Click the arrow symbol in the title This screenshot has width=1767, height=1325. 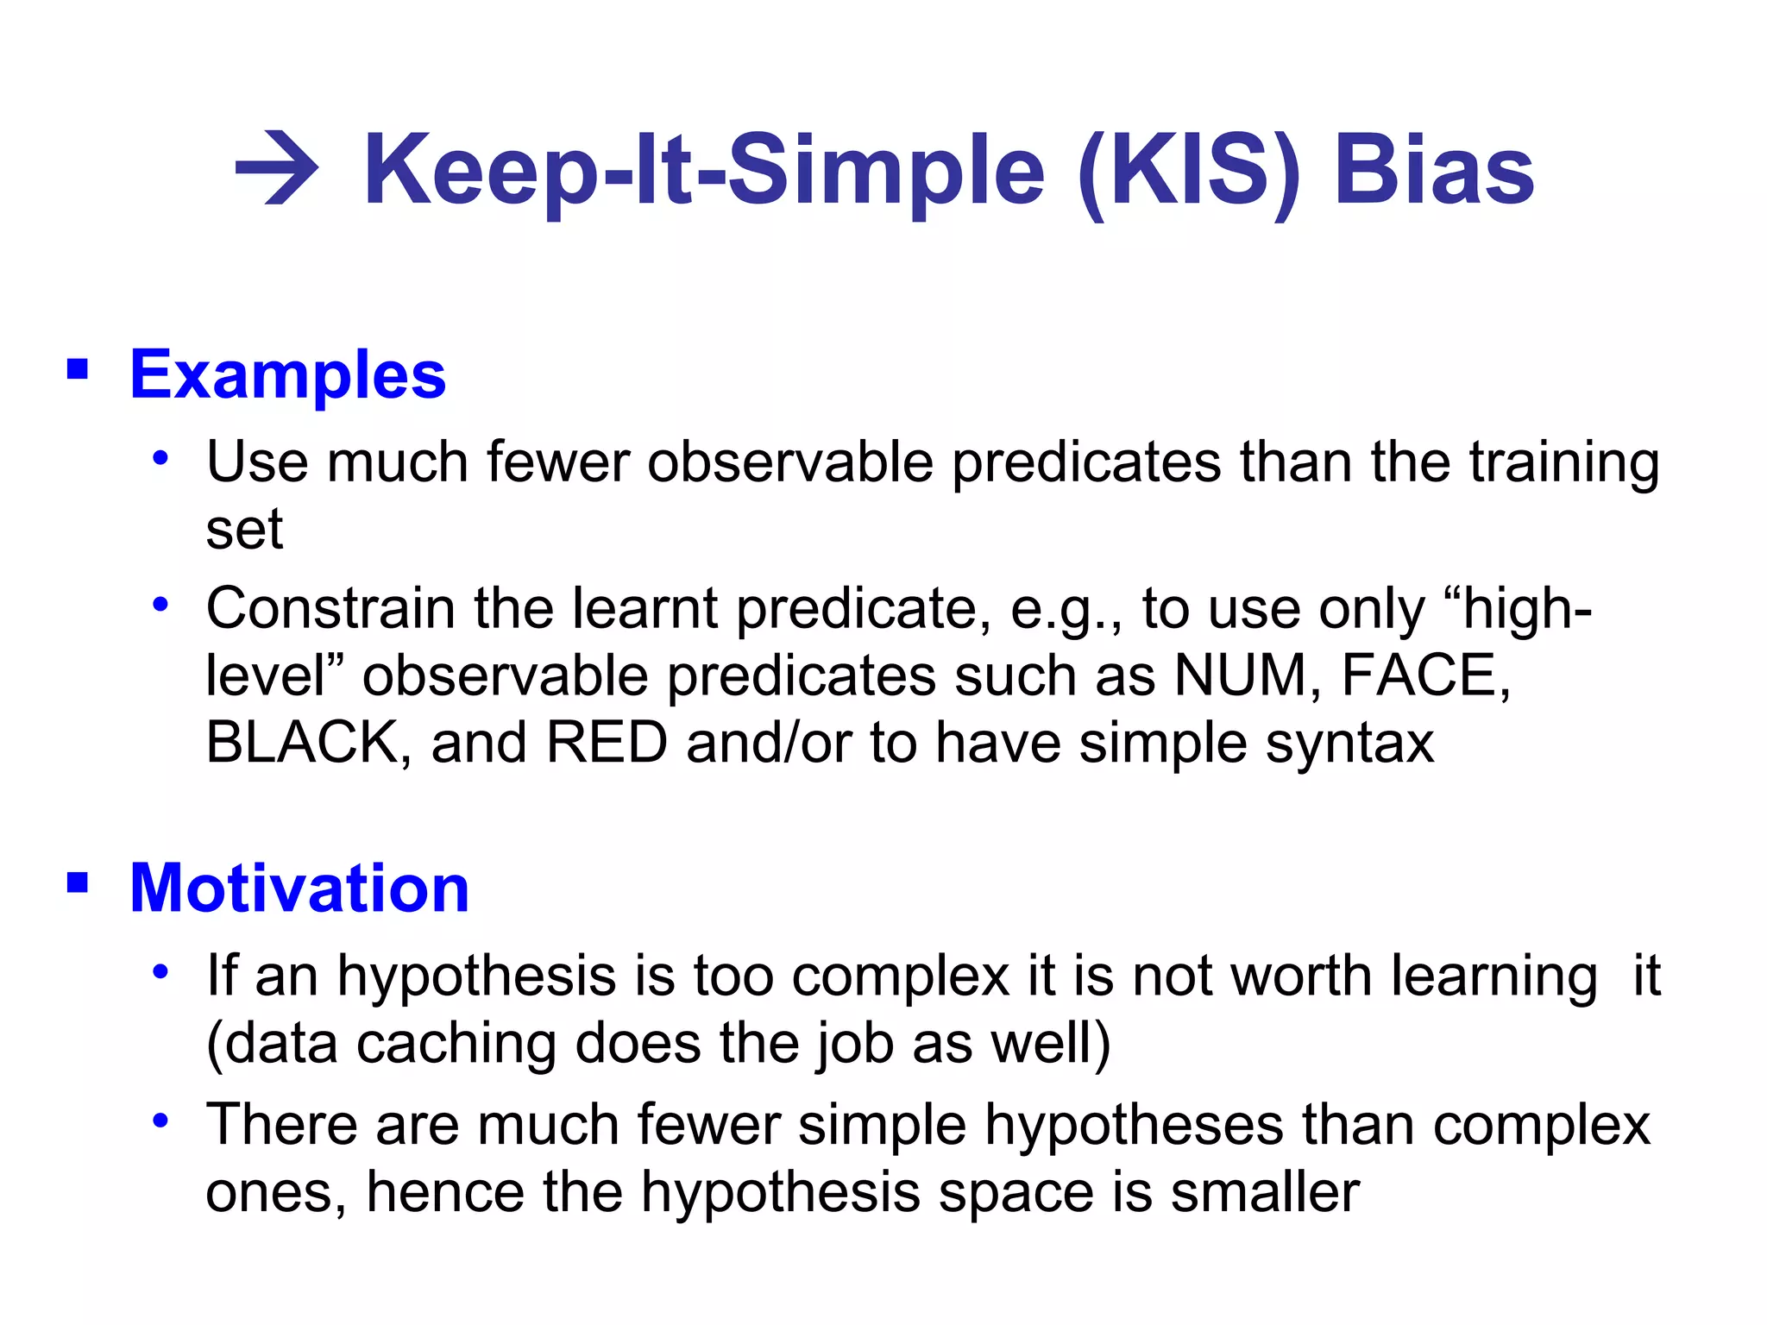tap(277, 168)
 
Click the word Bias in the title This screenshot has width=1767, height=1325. tap(1433, 170)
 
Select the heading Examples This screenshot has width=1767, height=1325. tap(287, 375)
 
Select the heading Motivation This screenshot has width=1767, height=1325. tap(299, 889)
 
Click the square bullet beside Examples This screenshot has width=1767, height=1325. tap(78, 370)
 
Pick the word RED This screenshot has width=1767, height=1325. tap(607, 743)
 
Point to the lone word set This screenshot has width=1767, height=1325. tap(244, 530)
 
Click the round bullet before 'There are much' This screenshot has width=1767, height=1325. tap(160, 1121)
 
